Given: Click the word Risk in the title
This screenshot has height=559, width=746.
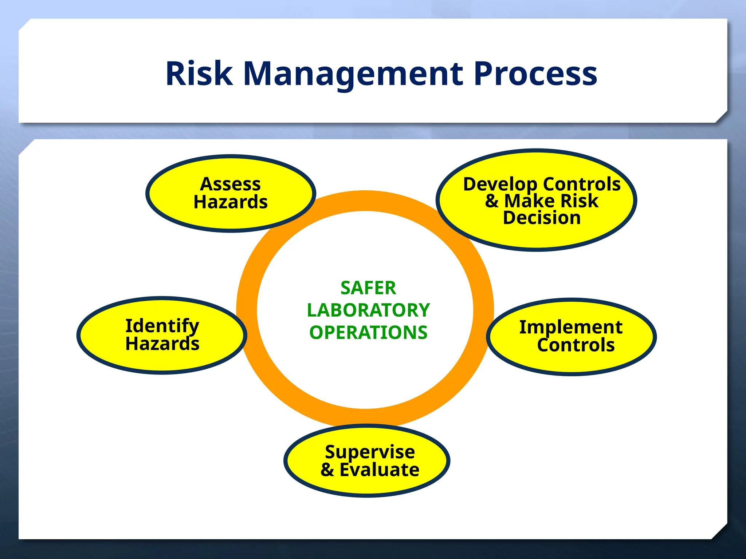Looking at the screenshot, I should coord(199,74).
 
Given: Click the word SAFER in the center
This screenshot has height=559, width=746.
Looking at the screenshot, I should coord(368,288).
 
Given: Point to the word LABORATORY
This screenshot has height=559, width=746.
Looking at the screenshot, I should coord(368,310).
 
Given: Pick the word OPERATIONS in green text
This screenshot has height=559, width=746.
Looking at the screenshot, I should coord(368,333).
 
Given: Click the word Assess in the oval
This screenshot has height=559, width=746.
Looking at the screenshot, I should coord(230,184).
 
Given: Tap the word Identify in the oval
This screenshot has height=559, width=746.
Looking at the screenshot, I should coord(162,326).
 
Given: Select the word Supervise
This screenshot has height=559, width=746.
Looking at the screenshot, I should coord(370,452).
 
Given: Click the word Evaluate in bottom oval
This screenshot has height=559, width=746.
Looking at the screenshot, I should coord(379,470).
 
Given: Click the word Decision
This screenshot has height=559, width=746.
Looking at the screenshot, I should coord(542,218).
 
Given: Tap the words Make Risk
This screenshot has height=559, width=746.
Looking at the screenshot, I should coord(551,201).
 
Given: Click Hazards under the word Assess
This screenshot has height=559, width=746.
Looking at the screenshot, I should coord(230,202).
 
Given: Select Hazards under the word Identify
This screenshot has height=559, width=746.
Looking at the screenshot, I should coord(162,344).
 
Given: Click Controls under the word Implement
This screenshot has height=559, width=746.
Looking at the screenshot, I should coord(576,345).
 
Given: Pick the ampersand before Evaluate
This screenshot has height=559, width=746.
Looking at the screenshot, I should coord(327,470).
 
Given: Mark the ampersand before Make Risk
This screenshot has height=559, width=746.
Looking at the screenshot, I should coord(492,201).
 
